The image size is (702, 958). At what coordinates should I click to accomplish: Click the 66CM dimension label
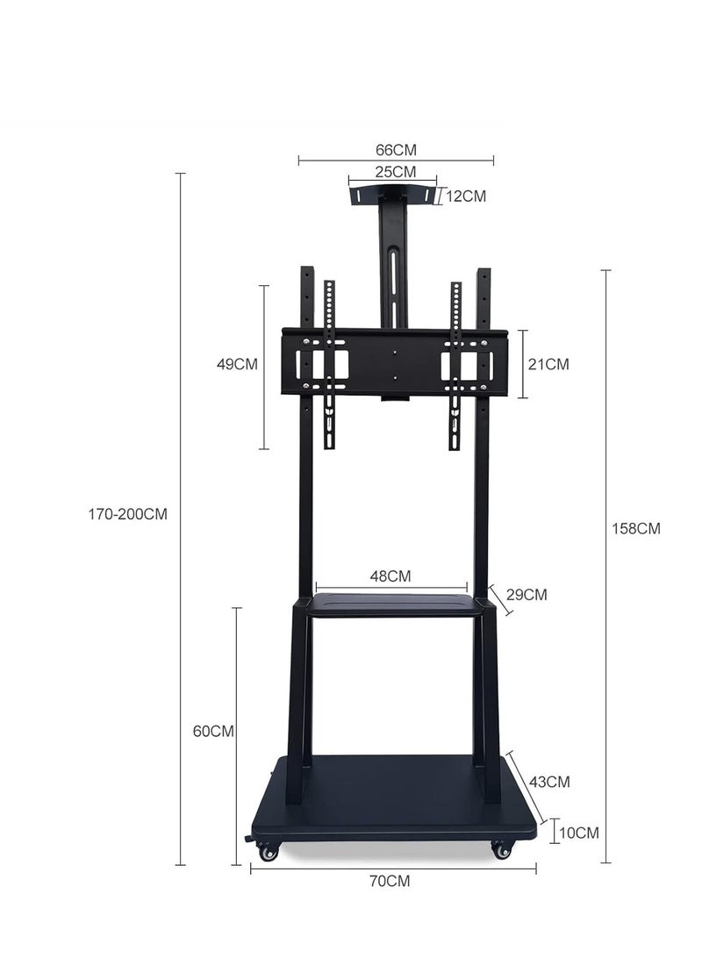[395, 150]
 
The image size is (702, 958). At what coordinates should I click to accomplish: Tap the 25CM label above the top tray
[395, 172]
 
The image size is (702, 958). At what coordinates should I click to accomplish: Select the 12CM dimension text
[466, 197]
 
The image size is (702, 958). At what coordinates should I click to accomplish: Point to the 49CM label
[237, 364]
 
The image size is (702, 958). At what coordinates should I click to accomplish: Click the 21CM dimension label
[548, 364]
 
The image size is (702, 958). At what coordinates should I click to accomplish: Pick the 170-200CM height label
[127, 514]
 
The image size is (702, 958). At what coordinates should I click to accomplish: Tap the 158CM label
[636, 528]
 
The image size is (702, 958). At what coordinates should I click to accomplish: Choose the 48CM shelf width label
[390, 576]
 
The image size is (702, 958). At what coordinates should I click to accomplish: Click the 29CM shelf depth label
[526, 595]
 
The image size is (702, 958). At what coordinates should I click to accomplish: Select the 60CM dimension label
[213, 731]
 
